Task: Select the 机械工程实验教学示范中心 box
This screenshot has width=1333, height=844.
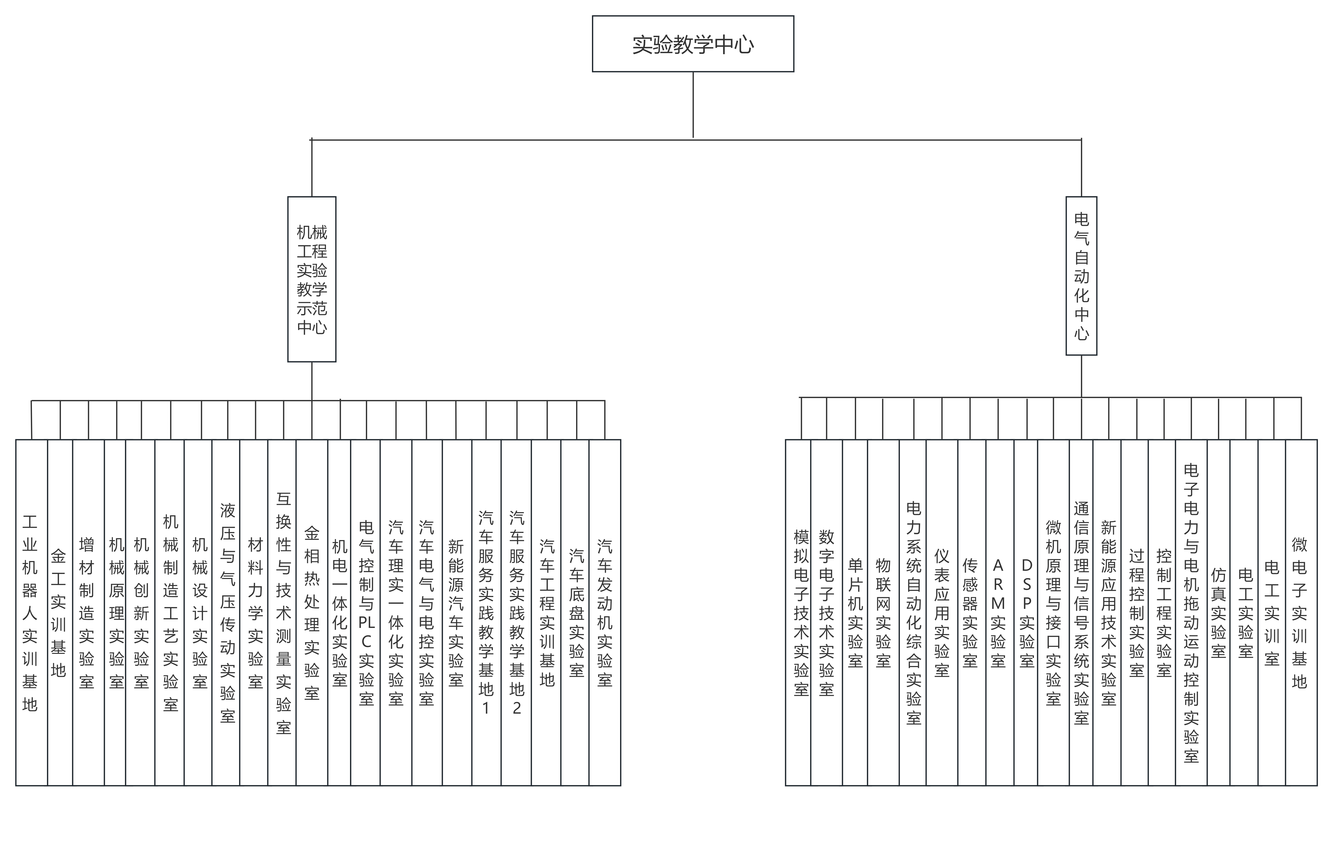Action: [312, 279]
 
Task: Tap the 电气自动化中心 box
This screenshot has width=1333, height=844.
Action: [1081, 276]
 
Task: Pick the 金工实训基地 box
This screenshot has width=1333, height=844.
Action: [59, 612]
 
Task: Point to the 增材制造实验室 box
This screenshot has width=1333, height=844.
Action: [88, 612]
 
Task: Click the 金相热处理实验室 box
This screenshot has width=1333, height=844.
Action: [312, 612]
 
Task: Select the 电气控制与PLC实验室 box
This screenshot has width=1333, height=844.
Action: [366, 612]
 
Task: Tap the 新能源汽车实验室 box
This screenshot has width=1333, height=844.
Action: [456, 612]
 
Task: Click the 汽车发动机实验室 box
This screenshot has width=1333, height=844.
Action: [604, 612]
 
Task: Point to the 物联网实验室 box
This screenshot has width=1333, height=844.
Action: [883, 612]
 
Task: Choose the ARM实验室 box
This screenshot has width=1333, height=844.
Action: [998, 612]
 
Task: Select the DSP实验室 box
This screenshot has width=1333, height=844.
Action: [1026, 612]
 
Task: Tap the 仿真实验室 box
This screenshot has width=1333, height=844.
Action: [1218, 612]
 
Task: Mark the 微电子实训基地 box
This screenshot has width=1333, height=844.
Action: [1300, 612]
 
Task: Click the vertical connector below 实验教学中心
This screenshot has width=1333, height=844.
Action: [693, 105]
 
